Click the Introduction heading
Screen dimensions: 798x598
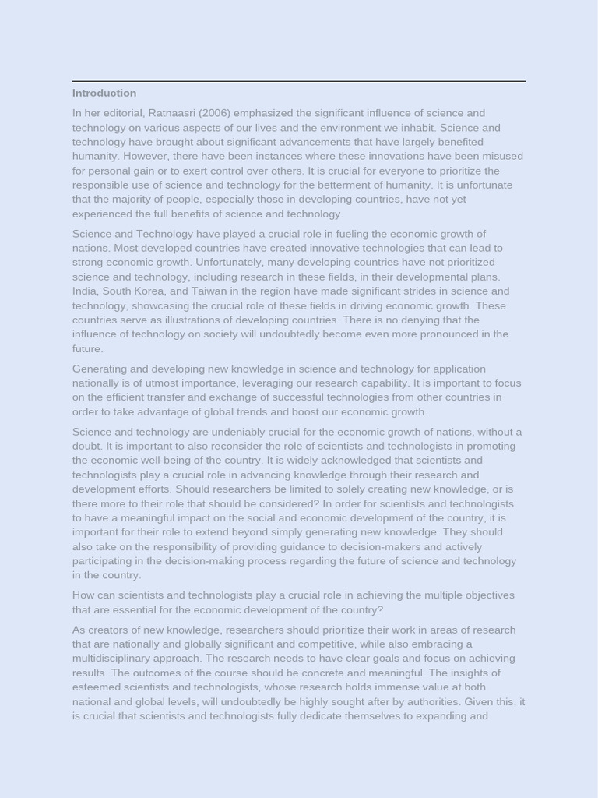104,93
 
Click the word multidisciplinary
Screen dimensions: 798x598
118,659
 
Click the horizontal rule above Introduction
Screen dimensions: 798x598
299,81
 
